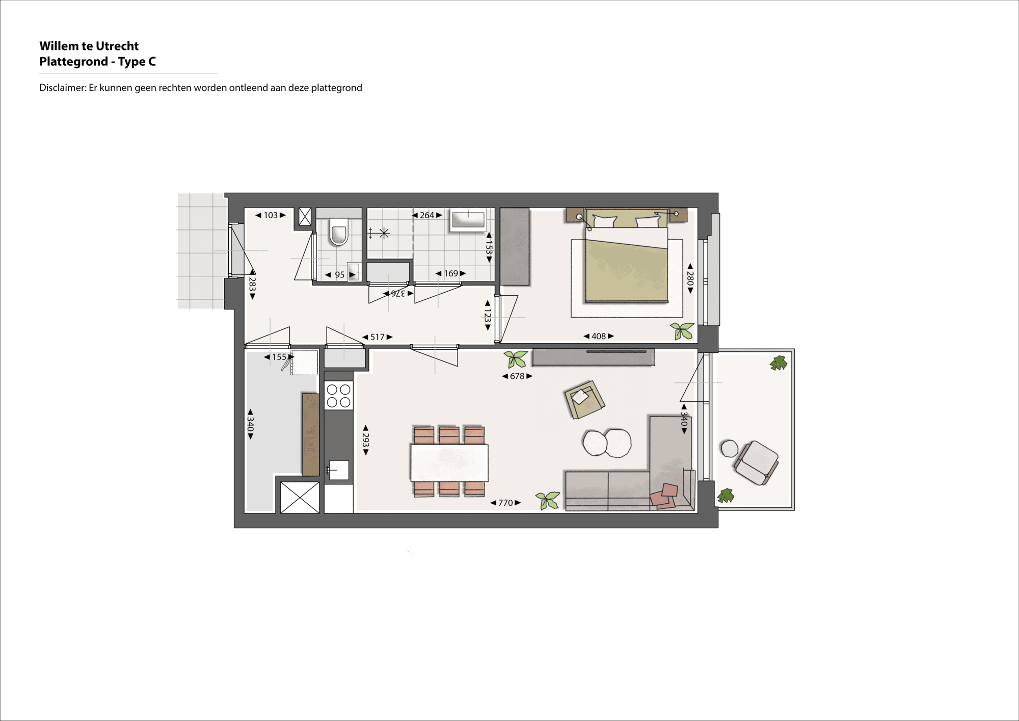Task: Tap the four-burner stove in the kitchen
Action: tap(338, 396)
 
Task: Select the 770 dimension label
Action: tap(505, 503)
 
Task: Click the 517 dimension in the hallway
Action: tap(378, 337)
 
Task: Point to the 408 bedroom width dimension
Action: tap(599, 336)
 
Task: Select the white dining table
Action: tap(449, 463)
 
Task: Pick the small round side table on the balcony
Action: tap(729, 449)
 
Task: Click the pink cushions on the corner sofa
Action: tap(664, 496)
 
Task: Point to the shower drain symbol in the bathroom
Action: tap(384, 233)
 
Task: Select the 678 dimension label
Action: tap(517, 376)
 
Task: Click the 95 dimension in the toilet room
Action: tap(340, 275)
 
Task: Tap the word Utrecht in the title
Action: tap(117, 46)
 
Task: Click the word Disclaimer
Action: tap(63, 88)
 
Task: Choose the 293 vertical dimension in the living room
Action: tap(366, 440)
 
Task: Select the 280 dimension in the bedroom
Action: tap(690, 278)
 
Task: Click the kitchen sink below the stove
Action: tap(338, 470)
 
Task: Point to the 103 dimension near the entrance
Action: tap(271, 215)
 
